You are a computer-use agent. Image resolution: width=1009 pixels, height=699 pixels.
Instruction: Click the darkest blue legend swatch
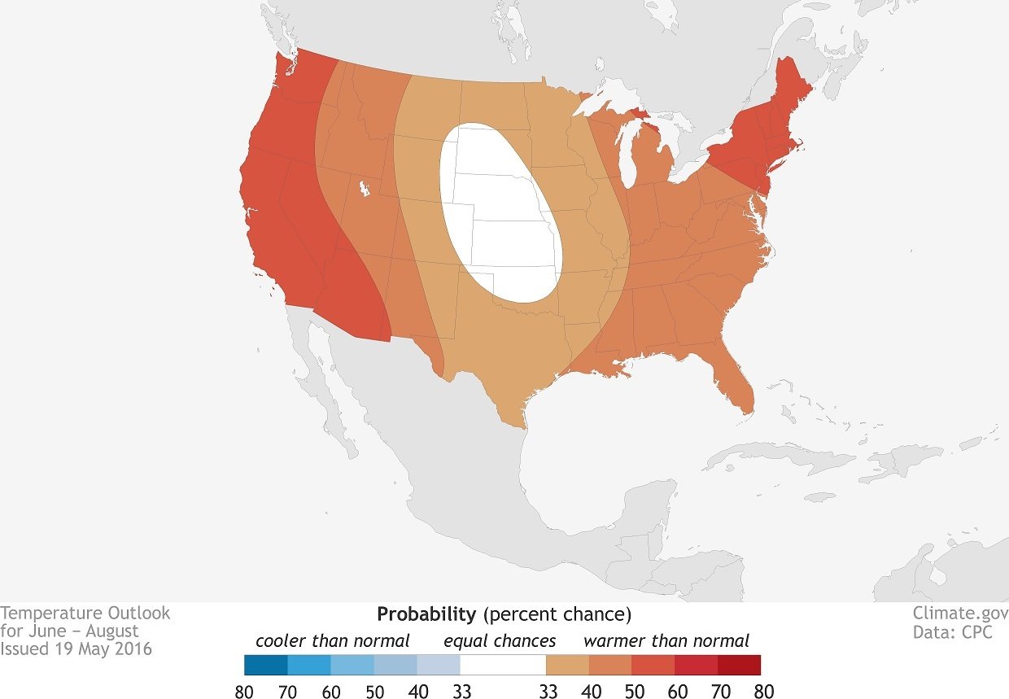[x=265, y=665]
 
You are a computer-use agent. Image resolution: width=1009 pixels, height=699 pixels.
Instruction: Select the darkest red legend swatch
[x=739, y=665]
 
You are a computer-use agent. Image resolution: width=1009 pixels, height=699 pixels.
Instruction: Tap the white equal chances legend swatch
[x=502, y=665]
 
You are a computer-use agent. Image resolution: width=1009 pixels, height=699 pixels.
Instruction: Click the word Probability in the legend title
[x=426, y=614]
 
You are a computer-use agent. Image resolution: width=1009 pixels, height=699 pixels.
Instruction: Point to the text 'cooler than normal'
[x=332, y=640]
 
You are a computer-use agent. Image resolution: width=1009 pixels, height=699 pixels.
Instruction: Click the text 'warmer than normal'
[x=666, y=640]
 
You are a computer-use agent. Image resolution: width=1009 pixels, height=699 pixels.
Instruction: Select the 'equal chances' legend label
[x=500, y=640]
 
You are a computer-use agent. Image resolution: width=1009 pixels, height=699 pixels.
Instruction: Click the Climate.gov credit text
[x=960, y=614]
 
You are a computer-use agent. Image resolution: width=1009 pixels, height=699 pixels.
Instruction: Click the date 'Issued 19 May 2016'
[x=76, y=649]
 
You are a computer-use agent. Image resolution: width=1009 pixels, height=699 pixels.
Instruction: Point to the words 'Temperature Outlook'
[x=85, y=613]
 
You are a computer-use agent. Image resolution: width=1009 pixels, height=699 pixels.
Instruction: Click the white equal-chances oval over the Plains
[x=498, y=216]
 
